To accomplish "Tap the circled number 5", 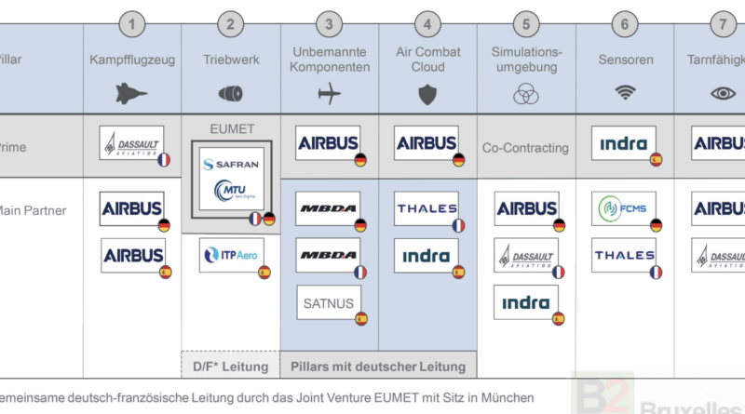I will (x=526, y=23).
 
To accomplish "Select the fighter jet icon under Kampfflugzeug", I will (x=132, y=93).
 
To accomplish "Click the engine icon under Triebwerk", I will (x=230, y=93).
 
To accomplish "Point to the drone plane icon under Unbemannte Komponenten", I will (x=330, y=93).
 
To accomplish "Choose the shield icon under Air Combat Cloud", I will (x=427, y=93).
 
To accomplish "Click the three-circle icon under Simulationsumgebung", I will (x=526, y=94).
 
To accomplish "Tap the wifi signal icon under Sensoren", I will (x=625, y=93).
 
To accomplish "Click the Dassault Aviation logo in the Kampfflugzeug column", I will (x=131, y=143).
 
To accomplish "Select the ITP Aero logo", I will (x=231, y=255).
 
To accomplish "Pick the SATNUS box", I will (x=328, y=302).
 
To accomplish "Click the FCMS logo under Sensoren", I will (x=624, y=208).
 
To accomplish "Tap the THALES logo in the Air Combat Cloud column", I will (x=427, y=208).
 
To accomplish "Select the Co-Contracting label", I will (x=526, y=148).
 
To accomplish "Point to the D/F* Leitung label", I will (x=231, y=367).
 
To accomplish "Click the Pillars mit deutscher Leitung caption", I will (x=378, y=367).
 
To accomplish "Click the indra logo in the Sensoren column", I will (x=624, y=143).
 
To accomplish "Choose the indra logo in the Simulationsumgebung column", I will (x=526, y=302).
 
